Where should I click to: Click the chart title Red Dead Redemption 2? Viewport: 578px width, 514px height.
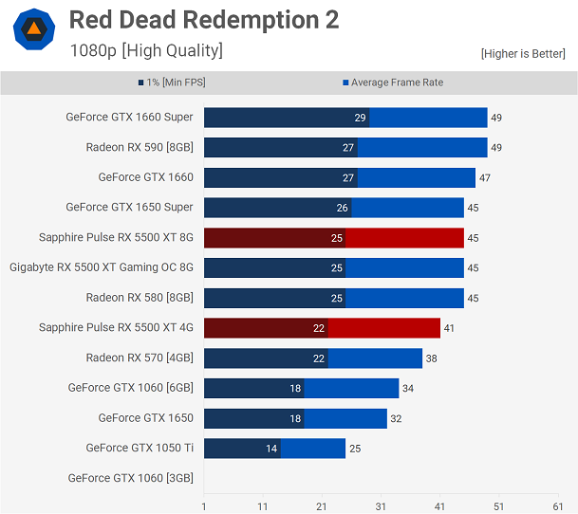[204, 20]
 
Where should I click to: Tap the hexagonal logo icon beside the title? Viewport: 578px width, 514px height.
[33, 29]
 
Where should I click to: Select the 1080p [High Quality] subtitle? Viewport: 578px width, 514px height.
[146, 51]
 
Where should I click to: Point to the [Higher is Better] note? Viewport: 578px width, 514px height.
[523, 54]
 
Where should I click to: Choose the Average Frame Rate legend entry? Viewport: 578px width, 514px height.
[393, 83]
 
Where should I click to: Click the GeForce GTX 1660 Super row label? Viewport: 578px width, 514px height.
[129, 118]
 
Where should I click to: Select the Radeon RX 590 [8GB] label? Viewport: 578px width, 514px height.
[140, 147]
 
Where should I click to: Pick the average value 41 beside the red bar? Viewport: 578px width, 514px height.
[450, 328]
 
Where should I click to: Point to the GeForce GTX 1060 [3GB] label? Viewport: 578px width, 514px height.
[130, 478]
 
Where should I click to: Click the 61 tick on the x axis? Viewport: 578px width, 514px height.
[557, 506]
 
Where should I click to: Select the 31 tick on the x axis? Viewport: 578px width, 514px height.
[381, 506]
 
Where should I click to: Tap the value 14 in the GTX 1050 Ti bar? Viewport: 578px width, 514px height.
[272, 449]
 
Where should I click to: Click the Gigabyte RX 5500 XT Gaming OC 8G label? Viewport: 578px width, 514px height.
[102, 267]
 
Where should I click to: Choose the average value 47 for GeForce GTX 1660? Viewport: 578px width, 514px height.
[485, 177]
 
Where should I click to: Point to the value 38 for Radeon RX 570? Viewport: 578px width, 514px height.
[432, 358]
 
